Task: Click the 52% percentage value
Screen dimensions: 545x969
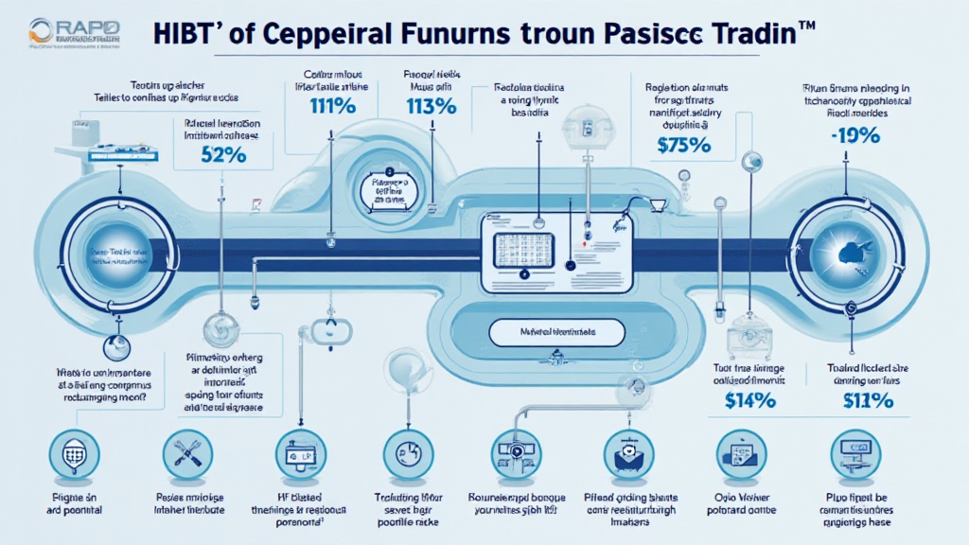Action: (x=224, y=155)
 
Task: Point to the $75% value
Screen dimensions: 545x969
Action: (x=682, y=147)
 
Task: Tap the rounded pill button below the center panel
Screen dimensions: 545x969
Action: (x=556, y=332)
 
